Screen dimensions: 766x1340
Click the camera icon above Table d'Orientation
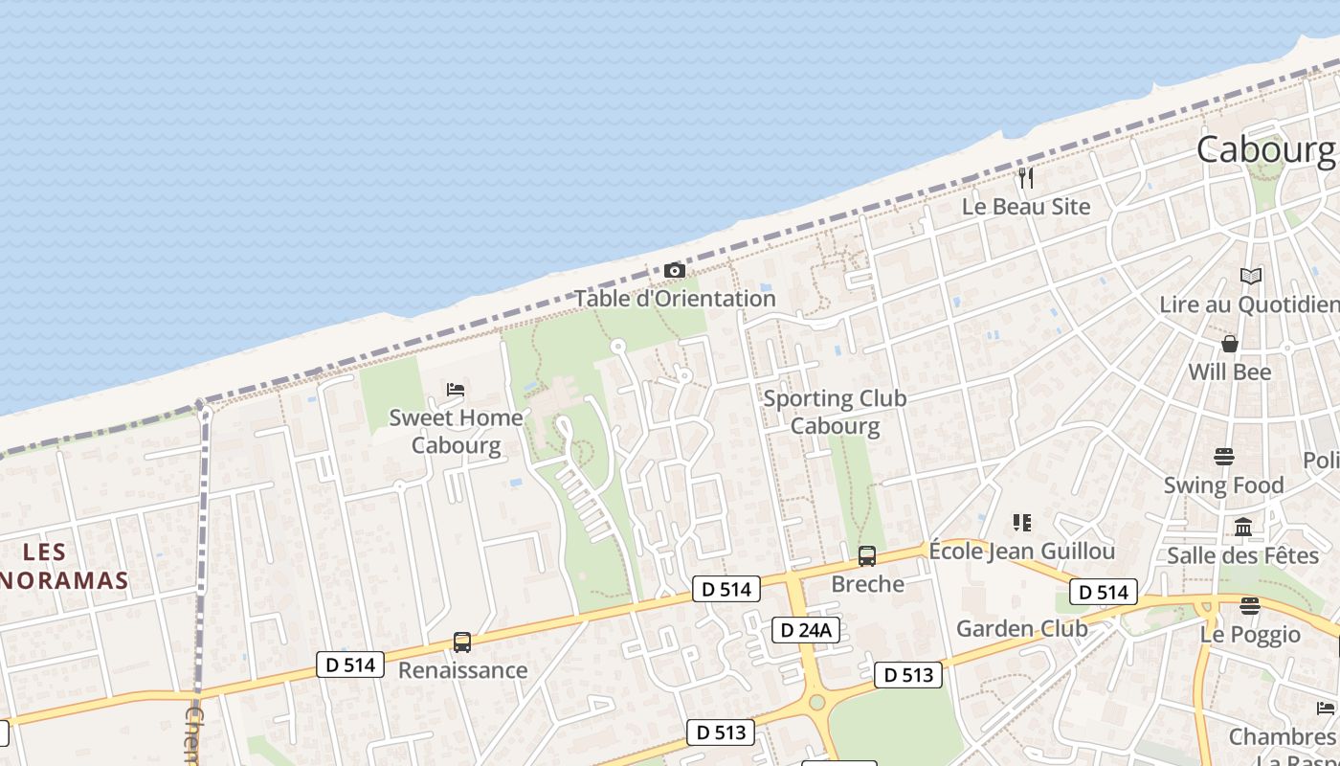(x=675, y=271)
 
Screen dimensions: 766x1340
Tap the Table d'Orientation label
(x=675, y=299)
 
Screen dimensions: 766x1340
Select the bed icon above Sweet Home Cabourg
(x=456, y=390)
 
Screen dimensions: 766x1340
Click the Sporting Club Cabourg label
(x=835, y=412)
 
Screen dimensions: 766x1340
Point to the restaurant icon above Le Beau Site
(x=1026, y=177)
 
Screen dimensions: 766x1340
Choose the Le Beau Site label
(x=1026, y=206)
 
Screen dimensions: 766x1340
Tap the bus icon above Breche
(x=867, y=556)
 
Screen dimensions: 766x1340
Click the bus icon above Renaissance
(x=462, y=642)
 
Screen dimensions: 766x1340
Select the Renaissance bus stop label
(x=462, y=670)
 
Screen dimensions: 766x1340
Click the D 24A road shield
(x=806, y=629)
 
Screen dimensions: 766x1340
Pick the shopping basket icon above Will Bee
(x=1230, y=344)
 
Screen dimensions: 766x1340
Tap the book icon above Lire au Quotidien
(x=1251, y=277)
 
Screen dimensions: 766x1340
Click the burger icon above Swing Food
(x=1224, y=457)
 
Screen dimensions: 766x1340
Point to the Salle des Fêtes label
(x=1230, y=555)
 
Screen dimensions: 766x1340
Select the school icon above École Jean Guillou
(x=1022, y=523)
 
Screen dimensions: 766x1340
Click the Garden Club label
(x=1022, y=629)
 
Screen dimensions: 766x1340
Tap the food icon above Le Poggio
(x=1250, y=605)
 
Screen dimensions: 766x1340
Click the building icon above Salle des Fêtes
(x=1243, y=527)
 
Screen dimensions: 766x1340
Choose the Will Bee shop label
(x=1230, y=372)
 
